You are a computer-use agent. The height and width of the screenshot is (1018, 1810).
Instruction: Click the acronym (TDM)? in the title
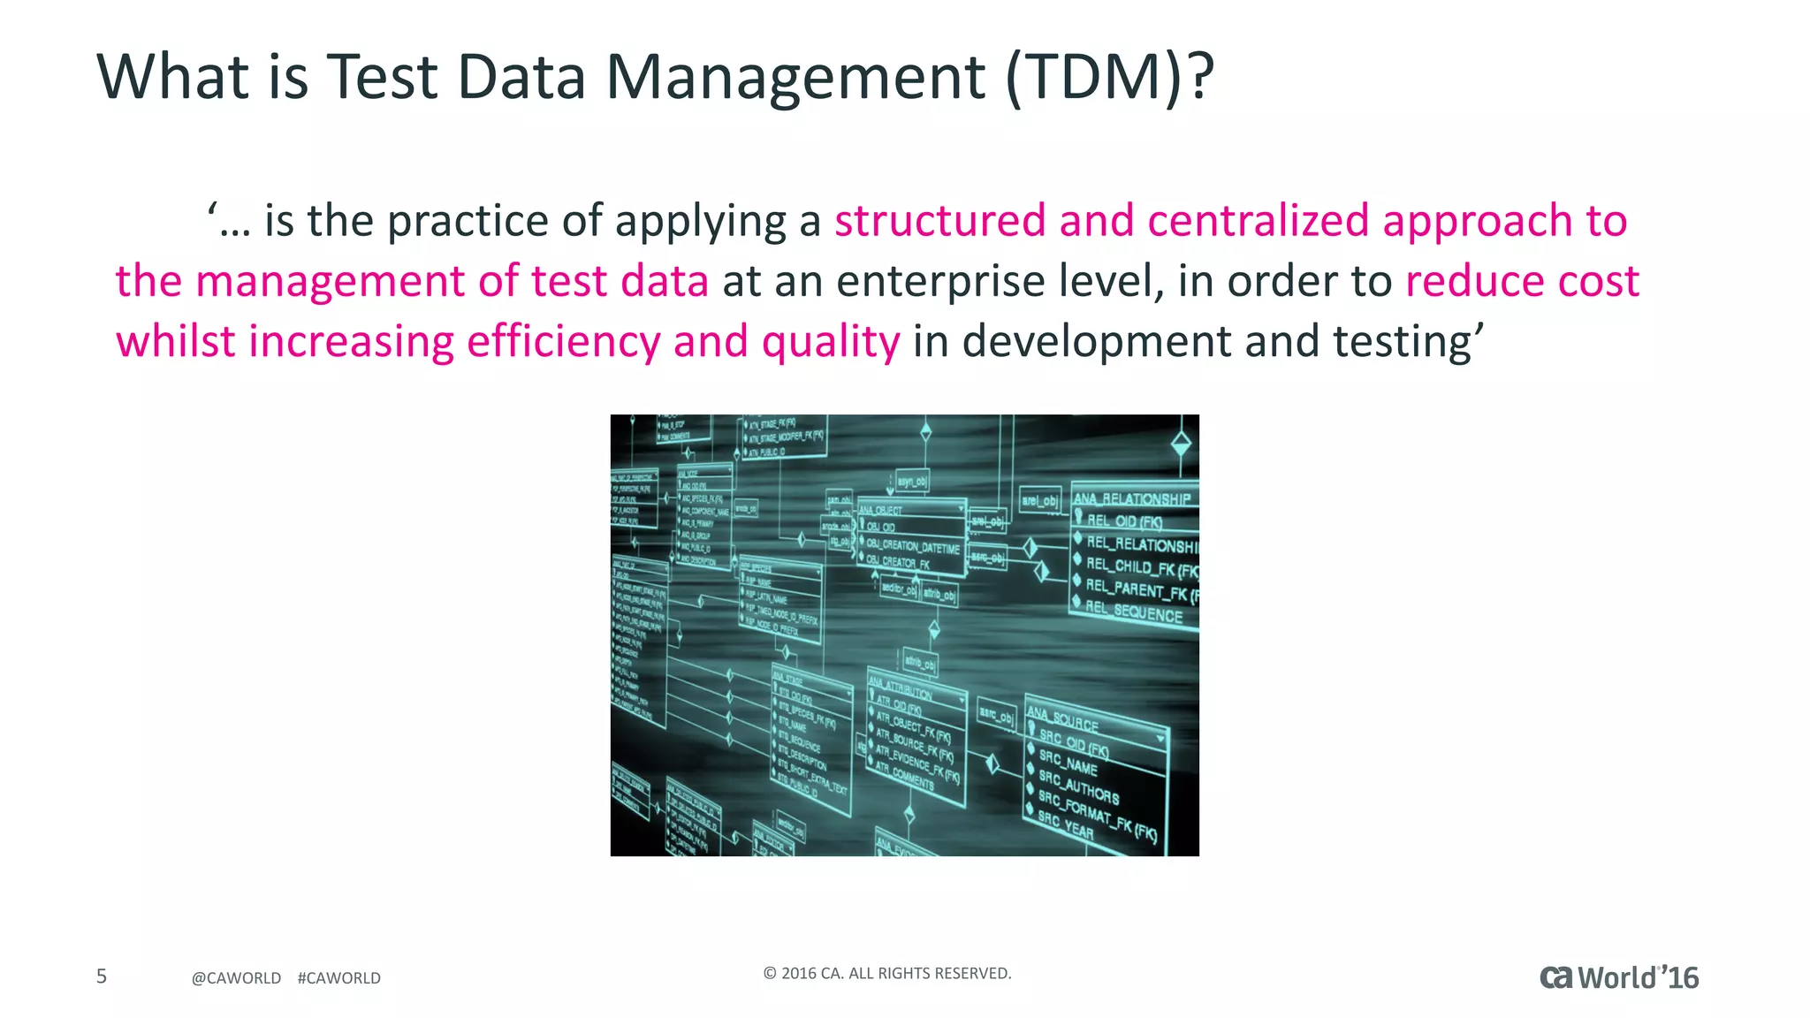coord(1110,78)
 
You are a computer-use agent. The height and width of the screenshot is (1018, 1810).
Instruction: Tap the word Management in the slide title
coord(795,78)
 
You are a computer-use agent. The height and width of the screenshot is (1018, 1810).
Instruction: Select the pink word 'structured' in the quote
coord(940,221)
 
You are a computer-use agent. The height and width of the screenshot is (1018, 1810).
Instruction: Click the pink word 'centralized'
coord(1258,221)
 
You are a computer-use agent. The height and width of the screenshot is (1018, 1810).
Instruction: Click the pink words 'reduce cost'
coord(1522,282)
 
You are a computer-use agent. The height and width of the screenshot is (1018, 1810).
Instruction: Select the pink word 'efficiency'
coord(563,342)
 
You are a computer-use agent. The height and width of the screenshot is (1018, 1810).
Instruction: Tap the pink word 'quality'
coord(831,342)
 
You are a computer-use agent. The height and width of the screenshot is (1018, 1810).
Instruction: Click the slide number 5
coord(102,976)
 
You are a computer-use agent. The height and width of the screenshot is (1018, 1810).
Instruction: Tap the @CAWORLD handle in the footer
coord(236,978)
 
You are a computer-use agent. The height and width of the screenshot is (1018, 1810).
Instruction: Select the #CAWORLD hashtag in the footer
coord(339,978)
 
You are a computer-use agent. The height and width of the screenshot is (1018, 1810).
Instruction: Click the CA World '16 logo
coord(1619,977)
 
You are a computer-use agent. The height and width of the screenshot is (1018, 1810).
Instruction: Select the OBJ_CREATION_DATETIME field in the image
coord(912,546)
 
